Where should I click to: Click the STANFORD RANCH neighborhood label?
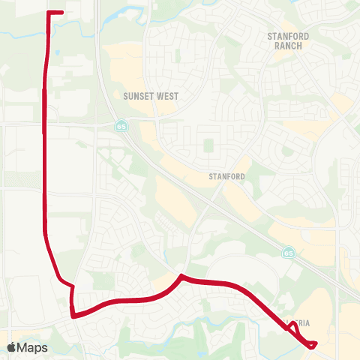click(284, 40)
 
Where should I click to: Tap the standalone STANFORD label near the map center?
click(226, 177)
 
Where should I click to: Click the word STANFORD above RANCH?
click(284, 35)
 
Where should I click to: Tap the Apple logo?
click(11, 347)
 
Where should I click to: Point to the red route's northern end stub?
click(56, 13)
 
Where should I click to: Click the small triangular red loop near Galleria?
click(292, 325)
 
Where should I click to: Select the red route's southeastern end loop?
click(311, 344)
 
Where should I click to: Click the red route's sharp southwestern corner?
click(73, 316)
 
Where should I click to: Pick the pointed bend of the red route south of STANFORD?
click(181, 277)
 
